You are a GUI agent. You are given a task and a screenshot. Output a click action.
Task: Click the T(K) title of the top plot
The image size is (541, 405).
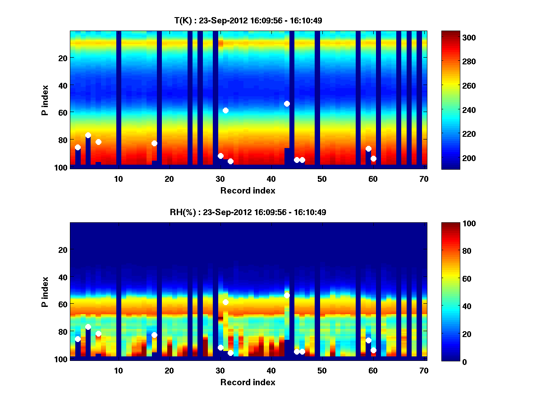[248, 20]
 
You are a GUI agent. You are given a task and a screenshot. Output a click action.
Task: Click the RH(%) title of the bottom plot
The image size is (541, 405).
[248, 212]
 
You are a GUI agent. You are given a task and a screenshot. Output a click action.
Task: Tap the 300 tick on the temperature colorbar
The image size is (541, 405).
[452, 37]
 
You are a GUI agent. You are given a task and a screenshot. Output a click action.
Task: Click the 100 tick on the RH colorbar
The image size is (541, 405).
[452, 224]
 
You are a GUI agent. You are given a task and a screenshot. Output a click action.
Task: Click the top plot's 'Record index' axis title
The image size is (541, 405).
[248, 190]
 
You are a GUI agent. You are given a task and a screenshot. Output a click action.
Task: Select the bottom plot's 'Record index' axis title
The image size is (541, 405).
[248, 382]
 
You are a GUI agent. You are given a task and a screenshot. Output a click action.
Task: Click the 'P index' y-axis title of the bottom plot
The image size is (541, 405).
[45, 292]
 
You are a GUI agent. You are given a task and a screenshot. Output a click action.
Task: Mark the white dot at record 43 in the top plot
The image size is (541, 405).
[287, 103]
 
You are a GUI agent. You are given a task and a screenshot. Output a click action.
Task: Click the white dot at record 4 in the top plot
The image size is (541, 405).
[88, 135]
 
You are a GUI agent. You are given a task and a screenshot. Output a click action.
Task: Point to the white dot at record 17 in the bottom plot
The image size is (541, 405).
[154, 335]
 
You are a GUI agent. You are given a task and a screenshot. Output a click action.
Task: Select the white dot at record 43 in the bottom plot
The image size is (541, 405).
[287, 295]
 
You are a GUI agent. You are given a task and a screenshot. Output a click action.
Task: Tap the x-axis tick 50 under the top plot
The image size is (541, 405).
[322, 179]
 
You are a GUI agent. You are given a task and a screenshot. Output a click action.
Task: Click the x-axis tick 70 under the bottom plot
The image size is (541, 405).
[424, 370]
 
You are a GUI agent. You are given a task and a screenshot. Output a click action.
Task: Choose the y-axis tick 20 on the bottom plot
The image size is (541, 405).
[63, 250]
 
